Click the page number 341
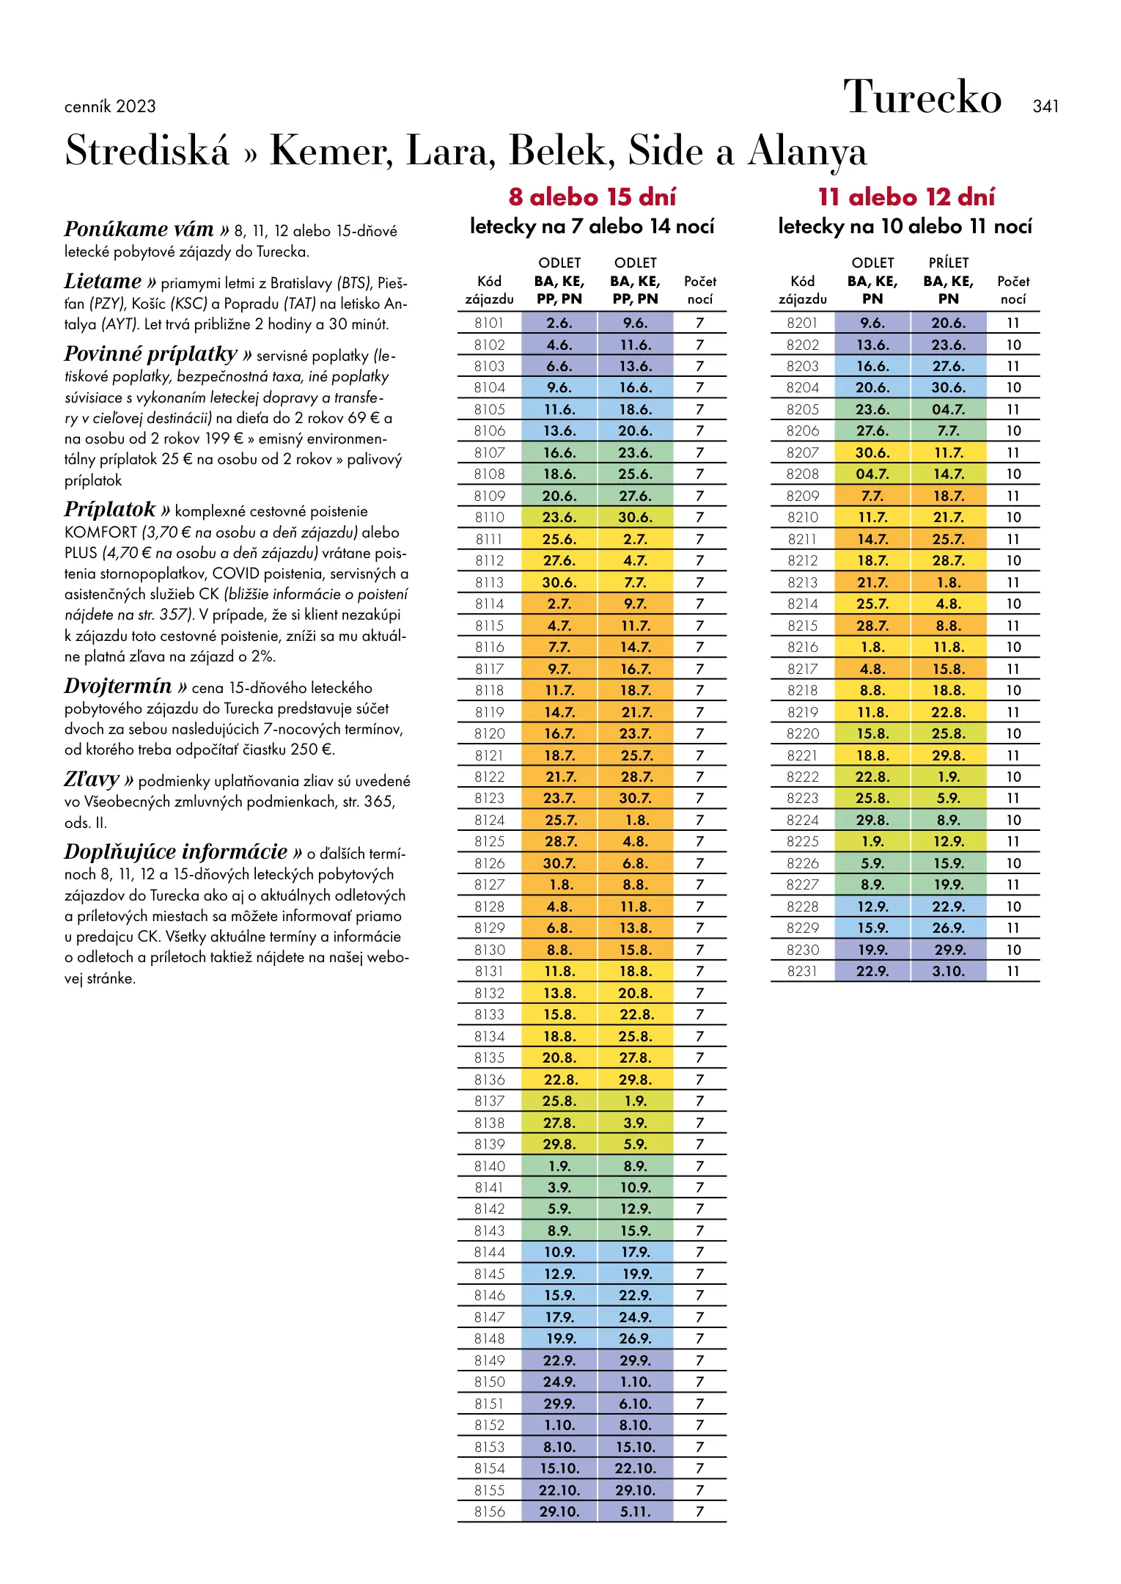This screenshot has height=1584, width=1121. (1045, 106)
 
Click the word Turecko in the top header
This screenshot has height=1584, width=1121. (922, 97)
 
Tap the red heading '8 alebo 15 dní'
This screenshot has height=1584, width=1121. (592, 197)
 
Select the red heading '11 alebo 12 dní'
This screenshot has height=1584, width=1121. (906, 197)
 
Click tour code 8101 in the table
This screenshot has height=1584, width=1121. (489, 323)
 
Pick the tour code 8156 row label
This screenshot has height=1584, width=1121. (489, 1511)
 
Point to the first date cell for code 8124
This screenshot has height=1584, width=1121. (559, 820)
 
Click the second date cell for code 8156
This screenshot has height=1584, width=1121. (635, 1511)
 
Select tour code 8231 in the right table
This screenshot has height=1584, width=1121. (803, 971)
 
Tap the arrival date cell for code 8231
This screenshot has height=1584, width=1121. (948, 971)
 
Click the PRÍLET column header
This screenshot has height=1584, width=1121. (948, 263)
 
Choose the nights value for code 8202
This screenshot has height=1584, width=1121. (1013, 345)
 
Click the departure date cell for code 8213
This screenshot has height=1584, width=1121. (872, 582)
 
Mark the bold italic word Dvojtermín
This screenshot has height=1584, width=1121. (118, 686)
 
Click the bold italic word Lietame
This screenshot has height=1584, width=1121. (103, 282)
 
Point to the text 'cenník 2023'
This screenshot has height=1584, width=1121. (110, 106)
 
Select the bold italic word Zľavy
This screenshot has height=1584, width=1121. (92, 779)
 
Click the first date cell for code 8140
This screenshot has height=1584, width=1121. (559, 1166)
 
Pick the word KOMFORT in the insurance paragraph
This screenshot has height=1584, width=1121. (100, 532)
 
